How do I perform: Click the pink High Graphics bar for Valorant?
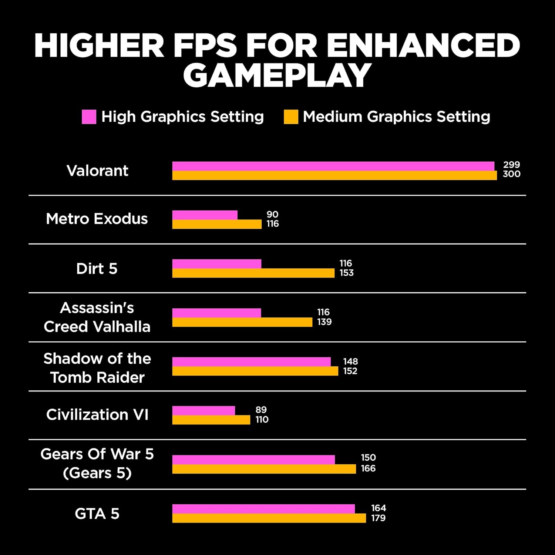click(x=333, y=166)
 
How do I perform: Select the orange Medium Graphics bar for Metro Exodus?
click(x=217, y=224)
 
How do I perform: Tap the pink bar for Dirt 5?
click(x=217, y=264)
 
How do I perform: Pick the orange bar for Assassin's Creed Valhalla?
click(x=242, y=322)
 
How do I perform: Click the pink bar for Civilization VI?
click(x=203, y=410)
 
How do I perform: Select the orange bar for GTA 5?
click(x=269, y=518)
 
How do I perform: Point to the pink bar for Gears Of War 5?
click(x=253, y=460)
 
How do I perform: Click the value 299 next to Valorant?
click(x=511, y=165)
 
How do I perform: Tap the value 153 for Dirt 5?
click(x=346, y=273)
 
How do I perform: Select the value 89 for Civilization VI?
click(x=261, y=410)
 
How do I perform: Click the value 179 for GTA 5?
click(x=378, y=518)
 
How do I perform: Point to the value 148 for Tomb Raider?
click(x=350, y=361)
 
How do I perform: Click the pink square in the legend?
click(x=89, y=117)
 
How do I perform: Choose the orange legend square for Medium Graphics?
click(x=291, y=117)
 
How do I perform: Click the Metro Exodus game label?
click(x=97, y=219)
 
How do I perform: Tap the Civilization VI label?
click(x=97, y=414)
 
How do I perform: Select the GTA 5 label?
click(x=97, y=514)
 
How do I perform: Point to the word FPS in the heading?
click(x=205, y=45)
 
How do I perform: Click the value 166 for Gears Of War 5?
click(x=368, y=468)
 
